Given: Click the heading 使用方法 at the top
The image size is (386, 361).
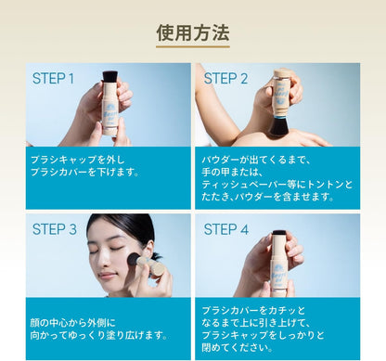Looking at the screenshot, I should tap(192, 33).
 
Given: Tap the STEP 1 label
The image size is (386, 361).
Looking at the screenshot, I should tap(54, 79).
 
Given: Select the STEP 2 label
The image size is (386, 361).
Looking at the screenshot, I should tap(225, 79).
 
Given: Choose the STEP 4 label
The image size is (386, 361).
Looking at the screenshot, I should tap(225, 229).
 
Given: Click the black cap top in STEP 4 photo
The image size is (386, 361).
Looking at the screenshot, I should tap(278, 234).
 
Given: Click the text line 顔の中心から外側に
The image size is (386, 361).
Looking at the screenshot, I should tap(82, 322).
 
